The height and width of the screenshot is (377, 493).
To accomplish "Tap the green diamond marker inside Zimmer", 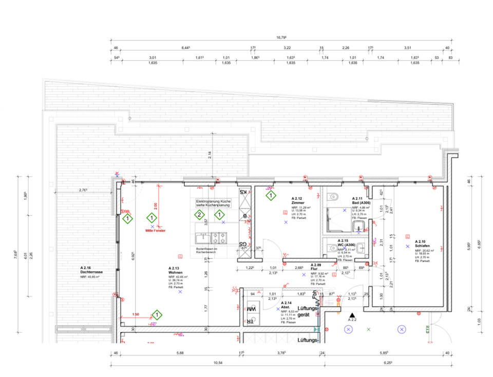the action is pyautogui.click(x=270, y=195).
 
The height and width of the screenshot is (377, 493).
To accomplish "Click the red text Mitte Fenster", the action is pyautogui.click(x=156, y=232).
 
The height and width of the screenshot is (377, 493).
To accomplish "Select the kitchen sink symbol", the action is pyautogui.click(x=201, y=238).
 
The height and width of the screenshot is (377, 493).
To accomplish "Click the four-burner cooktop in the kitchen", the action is pyautogui.click(x=220, y=238).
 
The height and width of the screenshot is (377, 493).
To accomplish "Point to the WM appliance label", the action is pyautogui.click(x=251, y=310).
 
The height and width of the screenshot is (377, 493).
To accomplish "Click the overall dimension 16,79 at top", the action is pyautogui.click(x=281, y=37).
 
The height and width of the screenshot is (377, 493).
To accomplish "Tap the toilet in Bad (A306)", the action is pyautogui.click(x=333, y=196).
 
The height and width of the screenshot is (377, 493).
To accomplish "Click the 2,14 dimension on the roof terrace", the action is pyautogui.click(x=210, y=154).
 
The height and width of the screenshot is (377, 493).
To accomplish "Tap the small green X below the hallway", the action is pyautogui.click(x=368, y=329).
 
